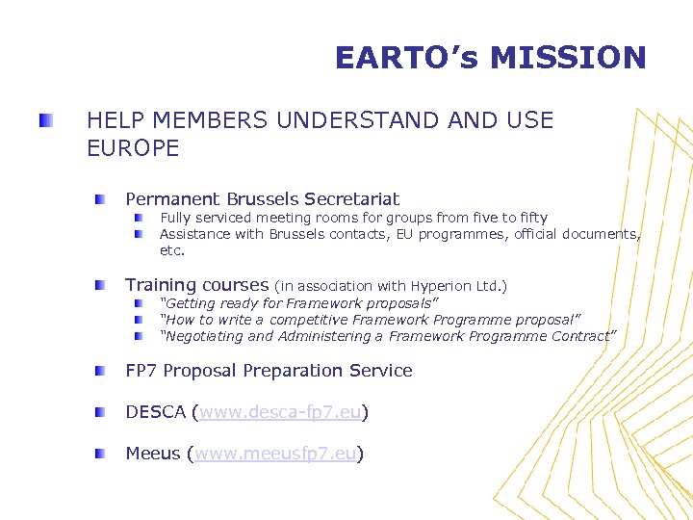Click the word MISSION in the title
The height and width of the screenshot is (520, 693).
click(x=568, y=58)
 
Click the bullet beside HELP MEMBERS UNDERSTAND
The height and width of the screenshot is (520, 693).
click(x=46, y=121)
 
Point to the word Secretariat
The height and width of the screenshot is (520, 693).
click(x=351, y=199)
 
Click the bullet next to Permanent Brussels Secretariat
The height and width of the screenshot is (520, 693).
click(x=100, y=199)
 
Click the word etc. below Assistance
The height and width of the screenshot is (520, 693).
click(x=172, y=250)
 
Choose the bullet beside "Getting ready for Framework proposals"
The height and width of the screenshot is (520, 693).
click(x=140, y=303)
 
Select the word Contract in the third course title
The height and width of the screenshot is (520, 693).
click(x=583, y=336)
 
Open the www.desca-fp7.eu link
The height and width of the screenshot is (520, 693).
click(x=280, y=412)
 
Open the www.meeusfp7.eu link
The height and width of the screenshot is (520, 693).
click(x=276, y=454)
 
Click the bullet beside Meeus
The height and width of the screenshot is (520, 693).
click(x=100, y=454)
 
